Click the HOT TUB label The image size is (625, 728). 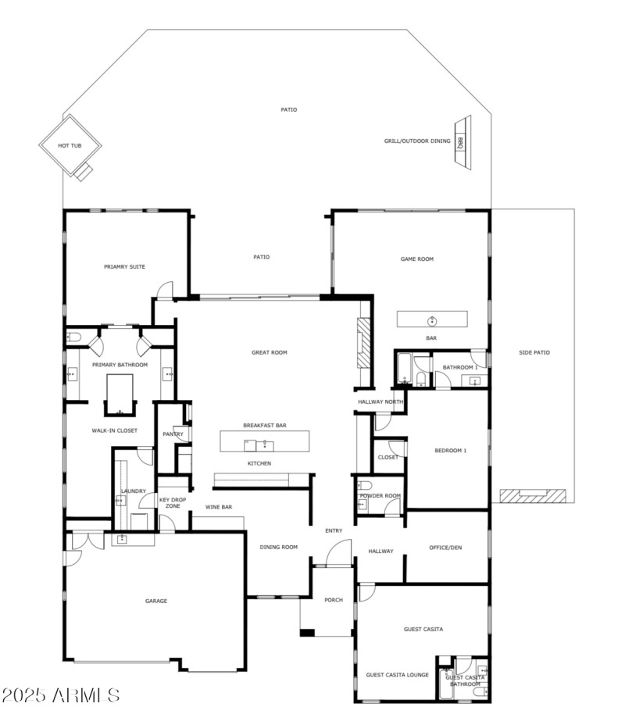[x=70, y=146]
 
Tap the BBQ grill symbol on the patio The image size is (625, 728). [x=461, y=143]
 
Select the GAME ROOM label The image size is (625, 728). [x=416, y=259]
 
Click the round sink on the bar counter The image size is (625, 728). [x=431, y=320]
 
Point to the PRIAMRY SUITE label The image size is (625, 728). [x=124, y=267]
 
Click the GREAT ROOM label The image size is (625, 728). [x=269, y=353]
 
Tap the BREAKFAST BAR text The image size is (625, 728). [x=264, y=426]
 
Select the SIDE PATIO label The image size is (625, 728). [x=534, y=353]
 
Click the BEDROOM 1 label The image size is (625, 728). [x=450, y=451]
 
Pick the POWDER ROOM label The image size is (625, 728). [x=380, y=496]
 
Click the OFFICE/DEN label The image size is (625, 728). [x=445, y=548]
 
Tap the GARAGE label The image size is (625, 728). [x=155, y=601]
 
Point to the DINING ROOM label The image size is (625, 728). [x=279, y=548]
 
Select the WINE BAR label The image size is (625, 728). [x=219, y=508]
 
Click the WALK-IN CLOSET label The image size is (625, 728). [x=115, y=430]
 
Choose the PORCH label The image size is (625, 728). [x=334, y=600]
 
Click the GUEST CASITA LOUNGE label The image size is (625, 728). [x=398, y=675]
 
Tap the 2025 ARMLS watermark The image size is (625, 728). [x=60, y=694]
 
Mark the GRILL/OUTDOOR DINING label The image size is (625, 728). [x=417, y=141]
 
